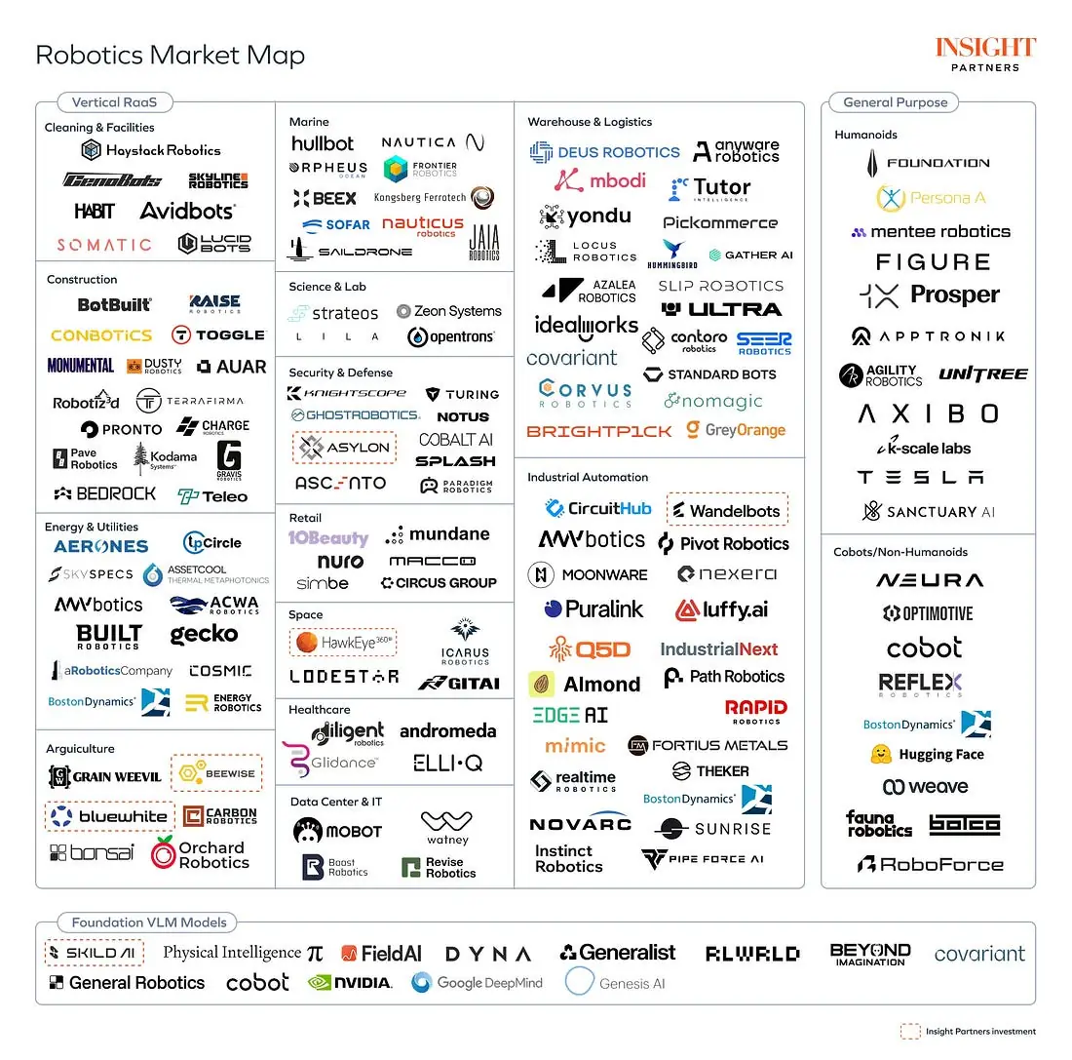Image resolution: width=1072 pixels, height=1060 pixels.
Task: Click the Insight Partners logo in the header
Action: (x=985, y=54)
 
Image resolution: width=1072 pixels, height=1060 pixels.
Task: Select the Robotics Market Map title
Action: (x=170, y=55)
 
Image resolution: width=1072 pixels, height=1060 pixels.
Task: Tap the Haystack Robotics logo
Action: (x=151, y=150)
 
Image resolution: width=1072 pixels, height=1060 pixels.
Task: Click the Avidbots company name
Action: (x=188, y=211)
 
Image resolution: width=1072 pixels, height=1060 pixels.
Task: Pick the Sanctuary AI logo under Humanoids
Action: (x=928, y=511)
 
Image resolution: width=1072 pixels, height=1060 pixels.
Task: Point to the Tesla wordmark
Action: (x=920, y=478)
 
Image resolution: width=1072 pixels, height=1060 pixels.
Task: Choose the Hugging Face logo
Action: (x=927, y=754)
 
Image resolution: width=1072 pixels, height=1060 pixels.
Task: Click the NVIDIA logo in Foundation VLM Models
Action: (x=350, y=982)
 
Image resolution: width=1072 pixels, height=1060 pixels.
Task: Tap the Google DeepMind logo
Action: (x=477, y=982)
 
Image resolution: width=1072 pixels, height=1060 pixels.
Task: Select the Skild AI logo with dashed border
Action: (x=95, y=953)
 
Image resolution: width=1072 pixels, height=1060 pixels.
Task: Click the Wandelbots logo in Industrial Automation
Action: (x=727, y=510)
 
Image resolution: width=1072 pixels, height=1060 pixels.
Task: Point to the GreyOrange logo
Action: (x=735, y=430)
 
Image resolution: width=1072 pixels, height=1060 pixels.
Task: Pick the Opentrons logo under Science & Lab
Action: (x=450, y=337)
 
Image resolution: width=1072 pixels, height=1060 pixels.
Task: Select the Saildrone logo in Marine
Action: (x=350, y=252)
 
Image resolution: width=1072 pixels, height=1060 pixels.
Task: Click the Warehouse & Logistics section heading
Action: (x=590, y=122)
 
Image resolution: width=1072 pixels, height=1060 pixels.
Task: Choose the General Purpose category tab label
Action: (x=895, y=102)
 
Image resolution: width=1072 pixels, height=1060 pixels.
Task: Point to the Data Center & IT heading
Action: (x=335, y=802)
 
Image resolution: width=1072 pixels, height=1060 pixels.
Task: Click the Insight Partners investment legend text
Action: (x=980, y=1031)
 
